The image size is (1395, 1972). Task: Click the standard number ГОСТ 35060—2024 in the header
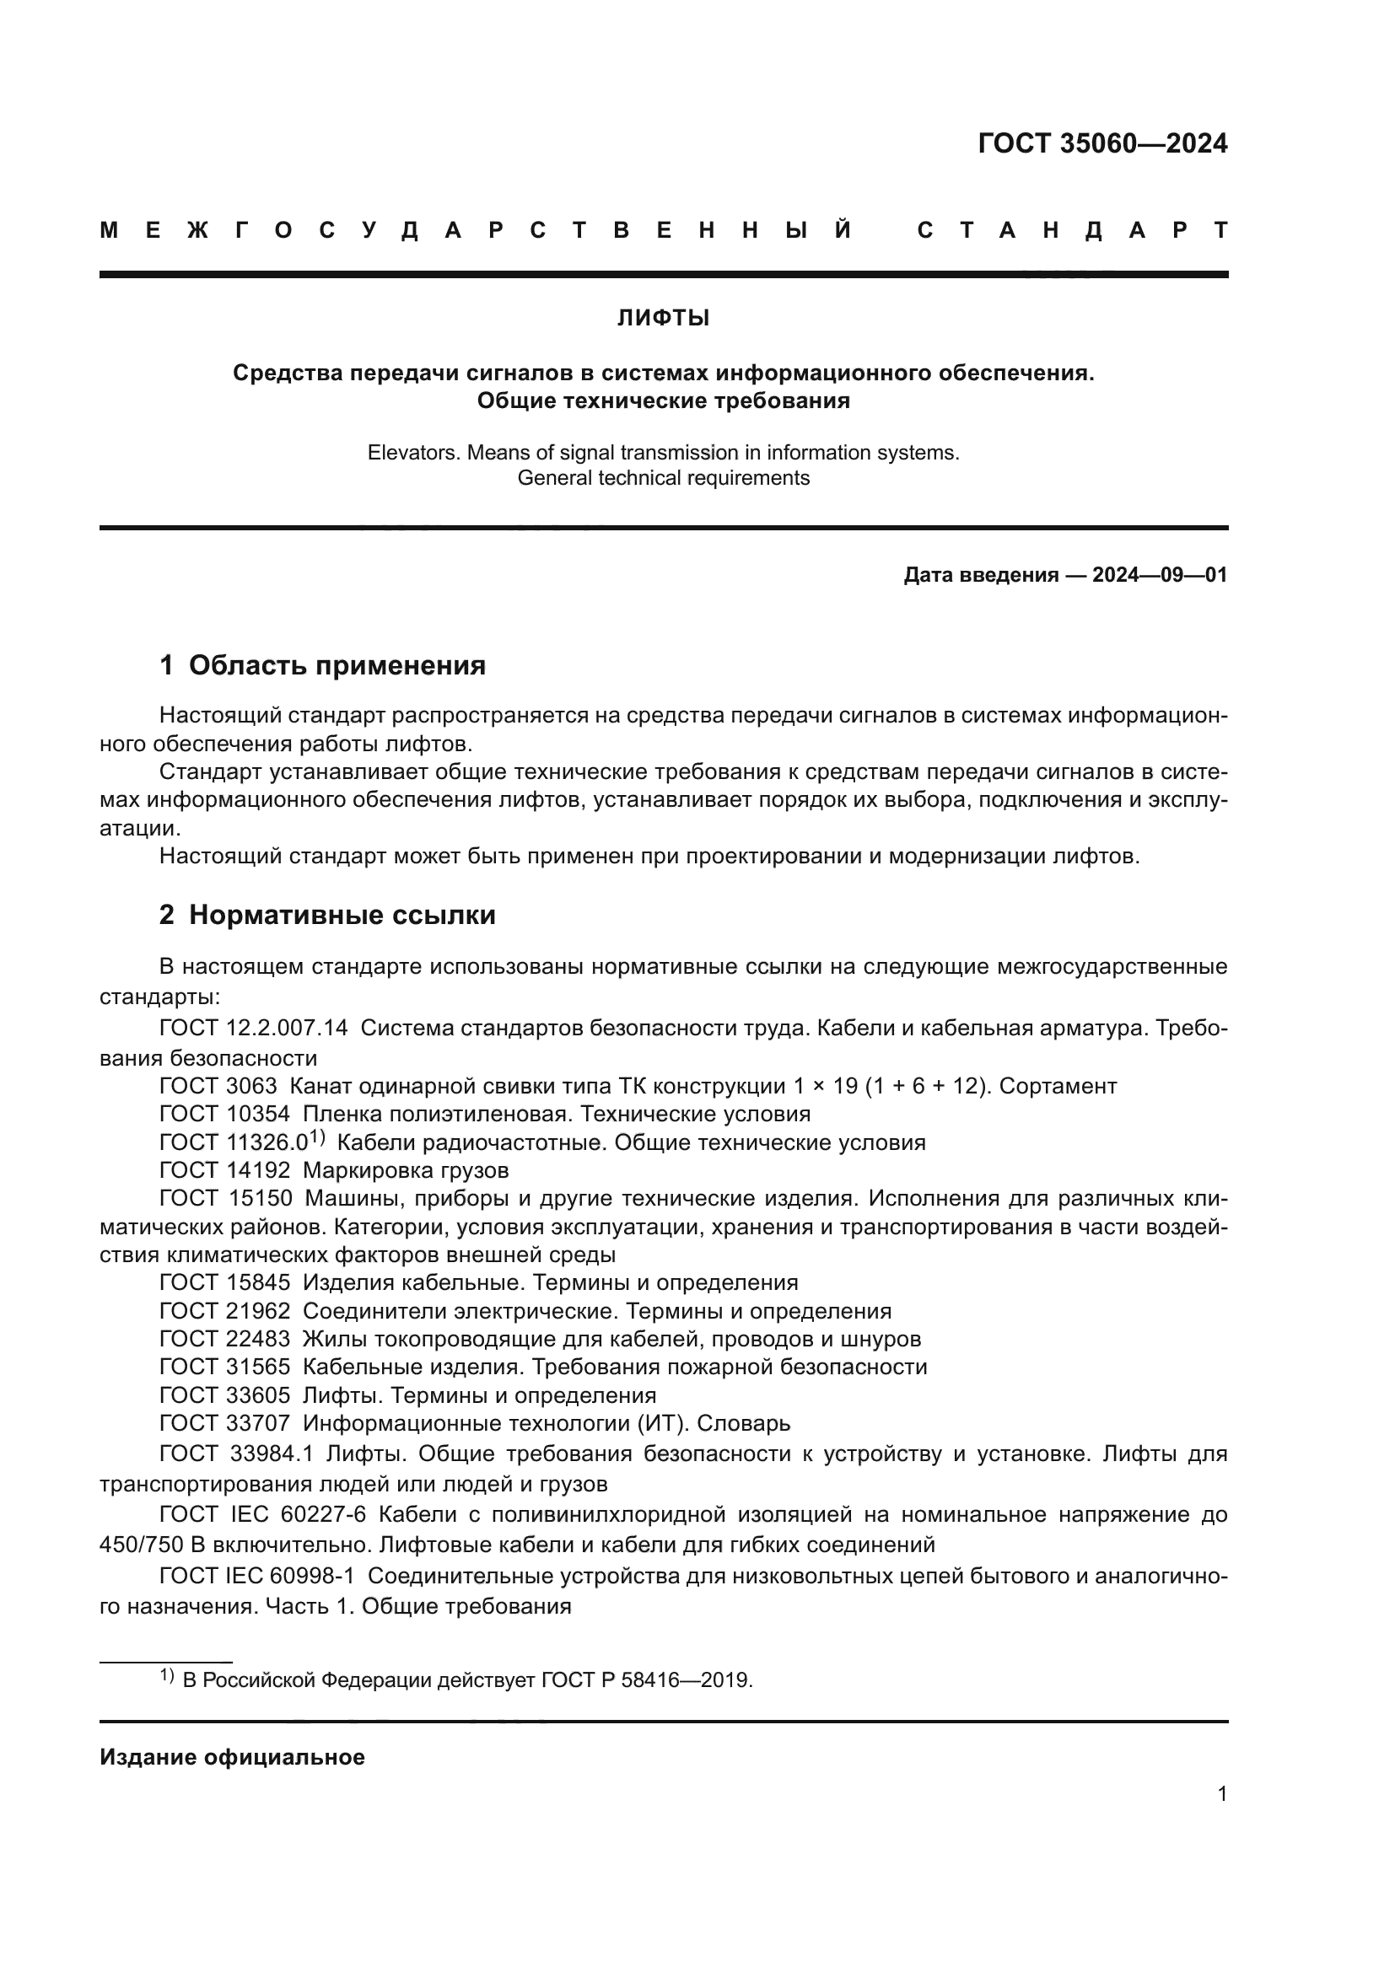(1102, 143)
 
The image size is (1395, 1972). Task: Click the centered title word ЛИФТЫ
(663, 319)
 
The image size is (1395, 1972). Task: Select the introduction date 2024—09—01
(1160, 576)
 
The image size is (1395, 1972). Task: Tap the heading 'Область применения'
(337, 666)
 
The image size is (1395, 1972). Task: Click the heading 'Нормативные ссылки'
(342, 916)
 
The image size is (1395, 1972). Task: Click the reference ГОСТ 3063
(218, 1087)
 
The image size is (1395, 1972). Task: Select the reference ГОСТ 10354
(225, 1115)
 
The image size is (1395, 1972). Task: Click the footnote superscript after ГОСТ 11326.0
(316, 1138)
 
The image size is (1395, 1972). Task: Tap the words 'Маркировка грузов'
(406, 1171)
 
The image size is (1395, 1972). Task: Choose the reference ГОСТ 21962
(225, 1312)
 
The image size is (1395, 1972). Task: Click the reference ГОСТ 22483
(225, 1339)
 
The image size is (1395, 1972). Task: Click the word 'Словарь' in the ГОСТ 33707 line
(743, 1423)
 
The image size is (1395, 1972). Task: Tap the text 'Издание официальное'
(232, 1757)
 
